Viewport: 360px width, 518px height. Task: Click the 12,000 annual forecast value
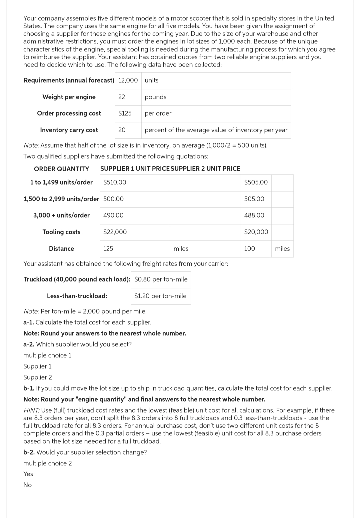click(x=128, y=80)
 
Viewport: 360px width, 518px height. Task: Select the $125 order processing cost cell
click(x=125, y=113)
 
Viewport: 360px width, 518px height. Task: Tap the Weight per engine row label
click(x=69, y=97)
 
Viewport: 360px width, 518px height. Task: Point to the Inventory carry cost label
click(x=69, y=130)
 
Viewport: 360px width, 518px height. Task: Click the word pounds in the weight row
click(x=155, y=97)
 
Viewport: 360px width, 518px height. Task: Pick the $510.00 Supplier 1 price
click(x=115, y=182)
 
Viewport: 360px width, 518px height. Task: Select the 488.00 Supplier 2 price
click(x=254, y=215)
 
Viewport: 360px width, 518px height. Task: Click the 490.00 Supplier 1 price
click(x=113, y=215)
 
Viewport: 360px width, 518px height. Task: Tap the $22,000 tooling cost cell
click(x=115, y=232)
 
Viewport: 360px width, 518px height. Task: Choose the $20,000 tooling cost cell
click(x=256, y=232)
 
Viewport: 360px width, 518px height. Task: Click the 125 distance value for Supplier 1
click(x=108, y=249)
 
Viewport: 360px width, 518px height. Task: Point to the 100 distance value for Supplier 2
click(x=249, y=249)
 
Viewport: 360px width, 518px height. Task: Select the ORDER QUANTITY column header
click(x=62, y=169)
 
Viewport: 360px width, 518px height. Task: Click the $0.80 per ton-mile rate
click(x=161, y=279)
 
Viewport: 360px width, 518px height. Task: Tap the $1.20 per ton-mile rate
click(x=160, y=296)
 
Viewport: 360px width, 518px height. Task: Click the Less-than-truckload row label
click(x=77, y=296)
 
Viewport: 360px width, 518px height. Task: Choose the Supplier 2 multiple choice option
click(x=38, y=377)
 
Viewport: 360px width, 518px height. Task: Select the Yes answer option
click(x=28, y=474)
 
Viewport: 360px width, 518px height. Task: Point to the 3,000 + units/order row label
click(x=61, y=215)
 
